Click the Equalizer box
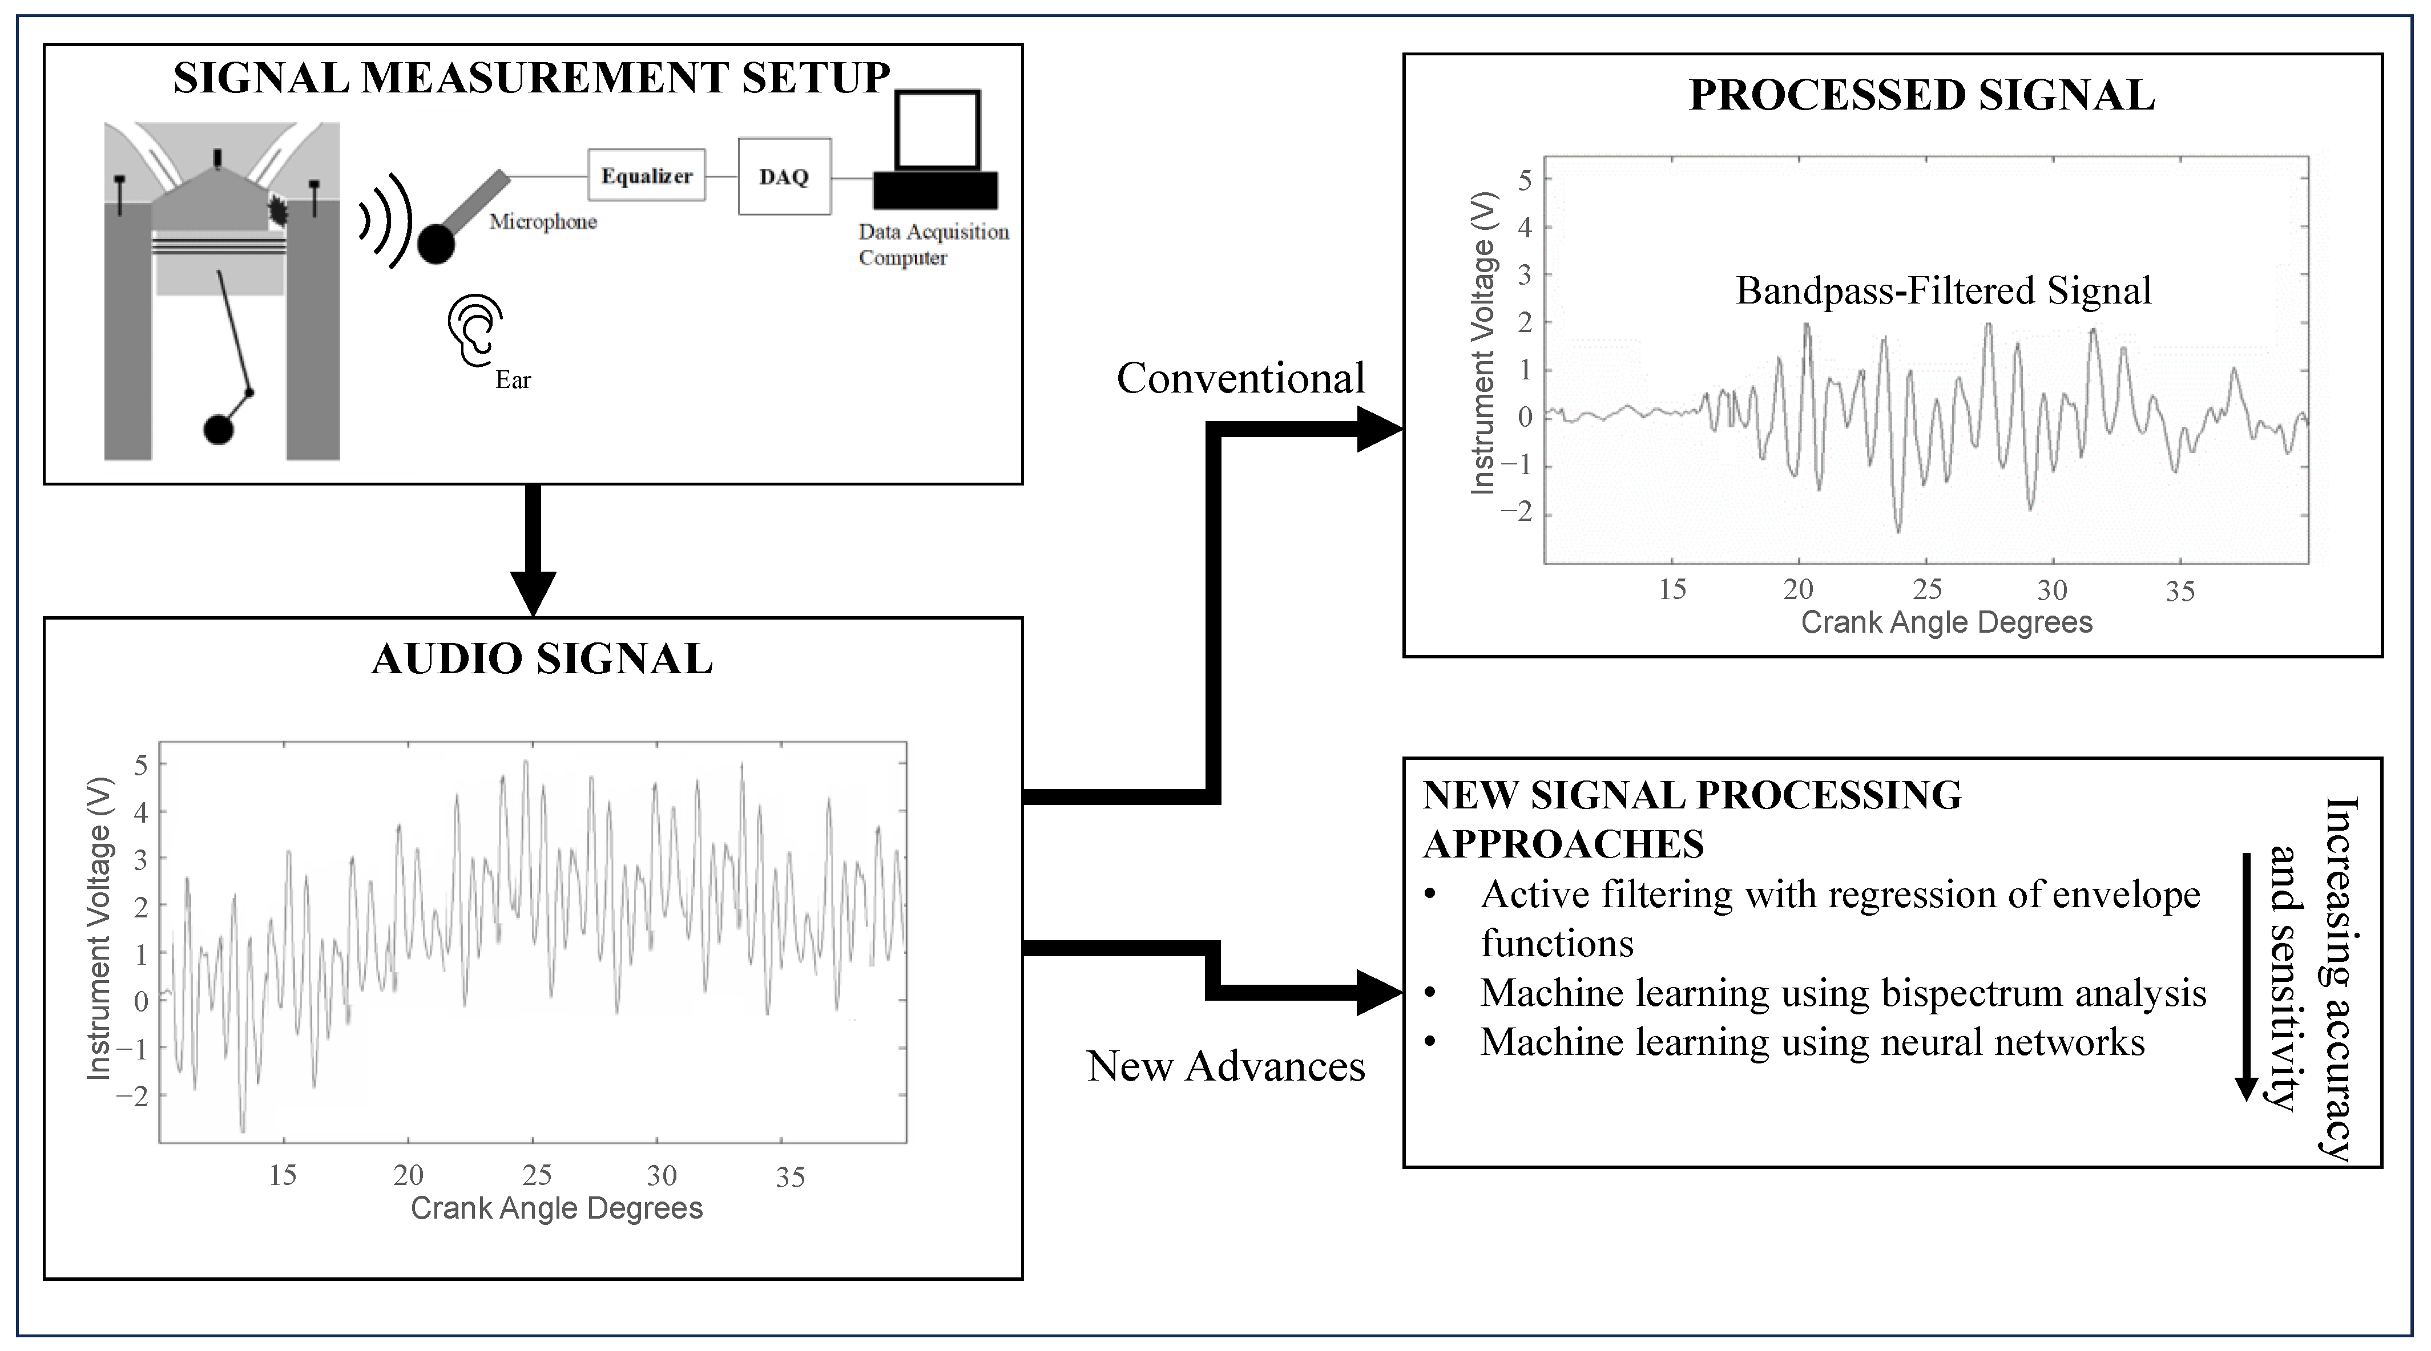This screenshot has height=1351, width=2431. click(x=647, y=176)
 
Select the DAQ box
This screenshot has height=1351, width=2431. click(x=784, y=176)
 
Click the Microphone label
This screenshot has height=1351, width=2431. click(x=543, y=222)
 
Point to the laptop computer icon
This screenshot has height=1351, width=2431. click(x=935, y=151)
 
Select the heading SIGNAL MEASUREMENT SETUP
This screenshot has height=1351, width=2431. click(x=531, y=78)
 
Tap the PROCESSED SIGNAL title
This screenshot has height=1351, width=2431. click(x=1921, y=95)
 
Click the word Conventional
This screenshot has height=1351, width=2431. click(x=1240, y=378)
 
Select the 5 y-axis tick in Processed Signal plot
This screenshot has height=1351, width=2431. click(x=1524, y=180)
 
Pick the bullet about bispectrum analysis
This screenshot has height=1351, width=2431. click(x=1843, y=993)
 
